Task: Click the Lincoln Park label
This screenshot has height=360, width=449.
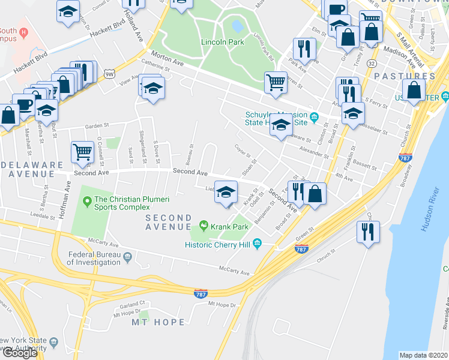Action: point(222,42)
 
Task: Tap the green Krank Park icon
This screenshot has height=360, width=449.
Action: point(204,227)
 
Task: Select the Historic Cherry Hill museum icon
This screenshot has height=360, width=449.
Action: point(258,243)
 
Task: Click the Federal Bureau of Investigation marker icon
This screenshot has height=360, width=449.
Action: point(128,258)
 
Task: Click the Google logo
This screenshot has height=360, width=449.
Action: point(20,352)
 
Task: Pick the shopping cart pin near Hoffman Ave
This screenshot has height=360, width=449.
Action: point(82,152)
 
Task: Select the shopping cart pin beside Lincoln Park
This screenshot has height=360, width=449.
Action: point(276,83)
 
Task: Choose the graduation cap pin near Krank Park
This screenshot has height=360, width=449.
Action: point(226,192)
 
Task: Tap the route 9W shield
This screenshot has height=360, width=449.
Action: point(109,74)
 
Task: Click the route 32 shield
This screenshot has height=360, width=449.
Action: point(372,63)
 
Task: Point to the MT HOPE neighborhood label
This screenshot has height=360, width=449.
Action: point(158,322)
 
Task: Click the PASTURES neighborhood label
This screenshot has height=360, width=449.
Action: point(404,76)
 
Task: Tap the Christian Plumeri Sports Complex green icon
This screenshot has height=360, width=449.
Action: point(86,200)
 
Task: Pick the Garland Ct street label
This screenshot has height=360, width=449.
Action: point(132,304)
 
